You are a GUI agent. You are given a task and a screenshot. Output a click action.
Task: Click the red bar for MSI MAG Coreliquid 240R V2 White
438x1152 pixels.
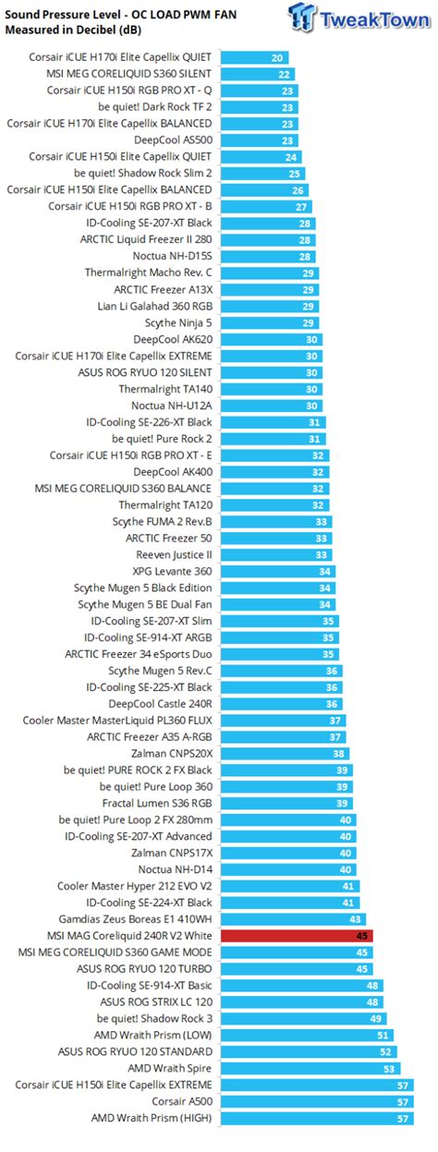[296, 935]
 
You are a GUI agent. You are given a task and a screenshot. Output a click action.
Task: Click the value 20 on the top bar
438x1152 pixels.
[277, 57]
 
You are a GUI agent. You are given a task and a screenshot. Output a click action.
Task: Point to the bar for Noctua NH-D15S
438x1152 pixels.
[268, 256]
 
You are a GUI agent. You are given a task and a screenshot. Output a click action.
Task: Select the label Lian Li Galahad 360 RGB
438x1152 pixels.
[154, 306]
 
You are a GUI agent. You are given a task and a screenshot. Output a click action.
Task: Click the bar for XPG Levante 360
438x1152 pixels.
[277, 571]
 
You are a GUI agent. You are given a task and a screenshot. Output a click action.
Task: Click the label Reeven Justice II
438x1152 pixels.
[174, 554]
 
